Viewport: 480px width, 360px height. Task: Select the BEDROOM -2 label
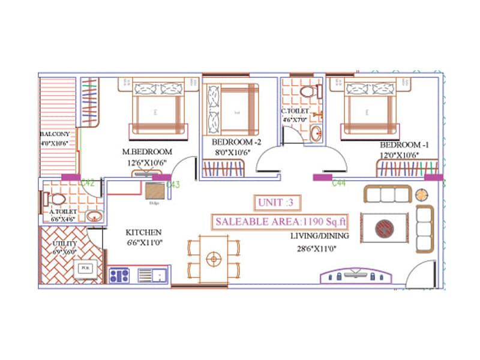233,142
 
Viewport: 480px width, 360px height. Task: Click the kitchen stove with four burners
119,276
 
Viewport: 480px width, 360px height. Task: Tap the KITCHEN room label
143,232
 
